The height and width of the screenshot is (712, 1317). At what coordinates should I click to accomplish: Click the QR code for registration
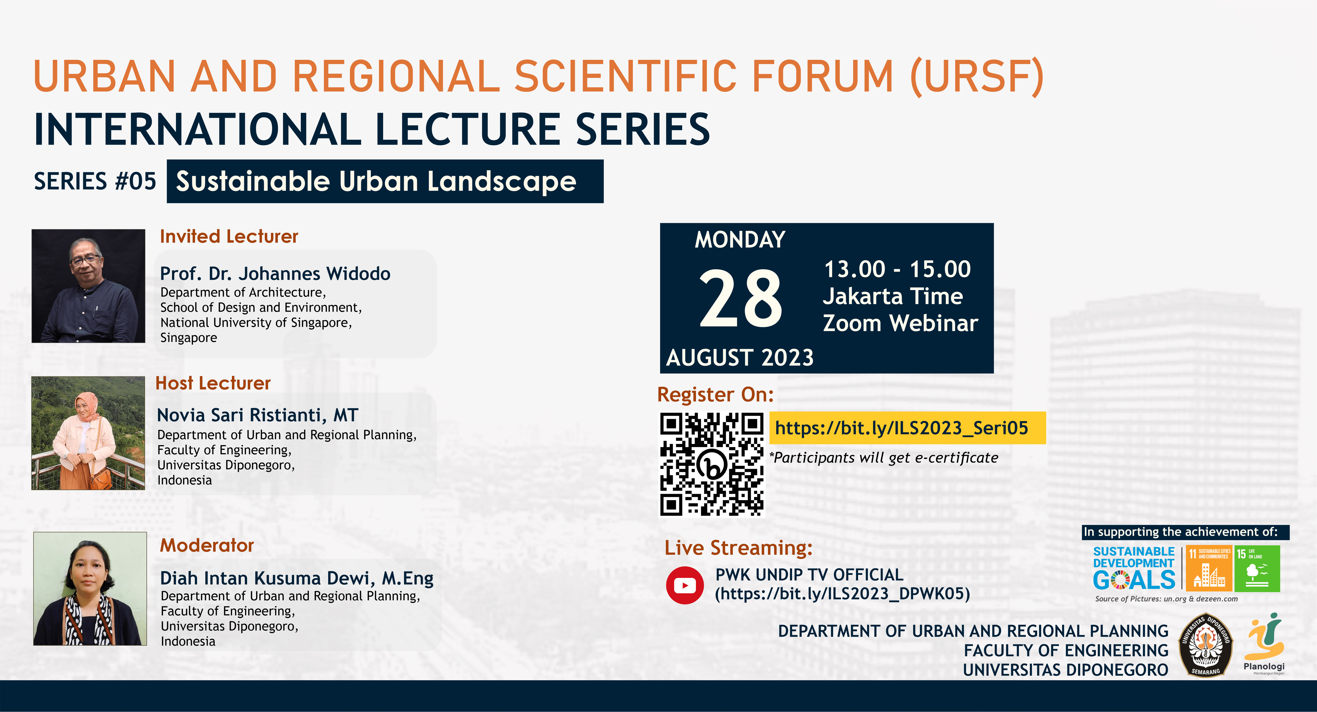712,464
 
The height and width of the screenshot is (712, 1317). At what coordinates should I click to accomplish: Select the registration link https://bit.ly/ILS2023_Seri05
901,428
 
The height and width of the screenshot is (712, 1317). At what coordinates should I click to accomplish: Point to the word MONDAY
740,239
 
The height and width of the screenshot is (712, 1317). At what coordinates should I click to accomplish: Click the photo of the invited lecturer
89,286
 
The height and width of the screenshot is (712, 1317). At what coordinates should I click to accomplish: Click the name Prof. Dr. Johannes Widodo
275,274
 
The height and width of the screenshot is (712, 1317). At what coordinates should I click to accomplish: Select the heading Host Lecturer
213,383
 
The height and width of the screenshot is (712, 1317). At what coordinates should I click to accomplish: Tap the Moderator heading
207,545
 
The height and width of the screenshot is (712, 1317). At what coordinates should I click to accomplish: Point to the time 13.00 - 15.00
897,269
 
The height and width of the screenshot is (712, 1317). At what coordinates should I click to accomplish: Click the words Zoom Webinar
900,323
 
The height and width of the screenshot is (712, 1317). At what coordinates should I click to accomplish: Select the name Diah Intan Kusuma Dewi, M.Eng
297,578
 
